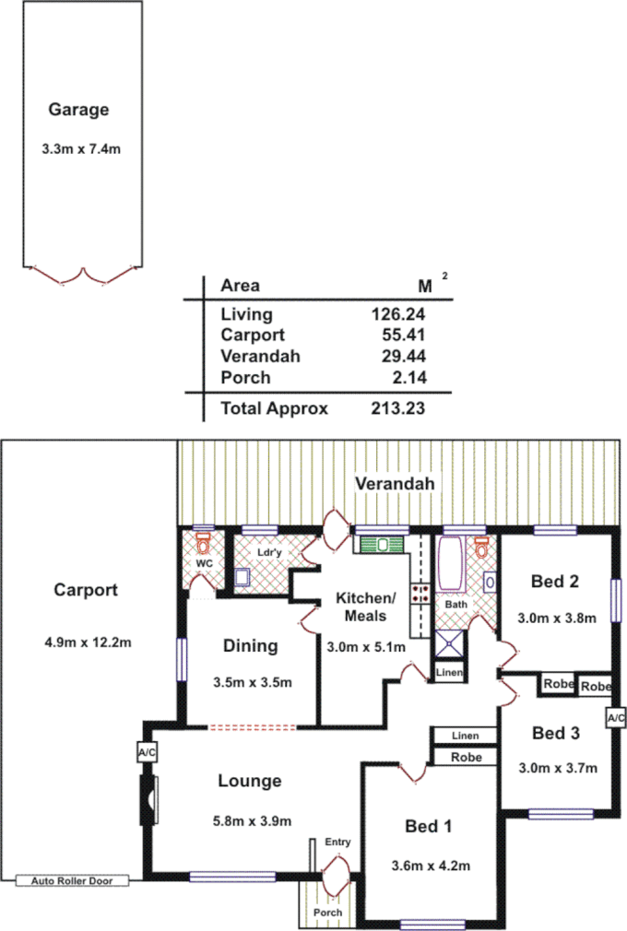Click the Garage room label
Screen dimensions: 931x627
pos(78,110)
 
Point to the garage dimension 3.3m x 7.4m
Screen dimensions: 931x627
pos(81,148)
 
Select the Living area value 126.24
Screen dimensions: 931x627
pos(397,314)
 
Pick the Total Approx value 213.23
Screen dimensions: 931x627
pos(397,408)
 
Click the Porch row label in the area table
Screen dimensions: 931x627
pos(245,377)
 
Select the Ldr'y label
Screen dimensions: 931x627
pos(269,552)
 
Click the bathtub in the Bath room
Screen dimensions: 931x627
pos(452,564)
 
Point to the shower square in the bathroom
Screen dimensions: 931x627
pos(449,643)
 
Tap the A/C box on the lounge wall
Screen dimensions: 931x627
pos(147,753)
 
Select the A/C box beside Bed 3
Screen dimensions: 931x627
pos(616,718)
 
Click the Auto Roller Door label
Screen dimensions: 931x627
pos(71,881)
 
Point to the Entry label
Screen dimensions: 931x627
pos(338,843)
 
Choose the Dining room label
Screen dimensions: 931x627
pos(250,646)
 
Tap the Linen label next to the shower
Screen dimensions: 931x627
pos(449,674)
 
